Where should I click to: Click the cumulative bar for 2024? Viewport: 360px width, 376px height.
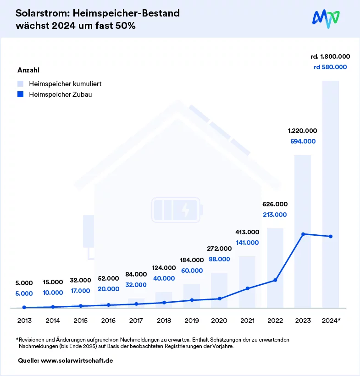click(x=330, y=193)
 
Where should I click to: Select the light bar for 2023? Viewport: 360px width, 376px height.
click(x=303, y=229)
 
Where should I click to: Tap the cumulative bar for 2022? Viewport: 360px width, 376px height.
click(x=275, y=266)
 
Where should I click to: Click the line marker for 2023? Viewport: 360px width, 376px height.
click(x=303, y=234)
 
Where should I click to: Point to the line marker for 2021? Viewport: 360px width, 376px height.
click(x=247, y=288)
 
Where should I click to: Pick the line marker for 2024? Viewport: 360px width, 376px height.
click(x=331, y=237)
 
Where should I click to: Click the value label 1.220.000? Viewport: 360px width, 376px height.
click(x=303, y=131)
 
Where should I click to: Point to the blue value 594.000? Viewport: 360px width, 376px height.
click(x=303, y=141)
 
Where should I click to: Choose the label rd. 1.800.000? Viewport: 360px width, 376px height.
click(x=330, y=56)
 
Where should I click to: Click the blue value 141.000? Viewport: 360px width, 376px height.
click(x=247, y=243)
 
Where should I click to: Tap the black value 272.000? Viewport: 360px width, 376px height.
click(x=219, y=249)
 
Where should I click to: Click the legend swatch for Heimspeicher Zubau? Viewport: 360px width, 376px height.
click(x=20, y=94)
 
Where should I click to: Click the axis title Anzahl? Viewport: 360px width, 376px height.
click(x=28, y=70)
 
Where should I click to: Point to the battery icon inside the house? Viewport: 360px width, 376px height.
click(x=176, y=210)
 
